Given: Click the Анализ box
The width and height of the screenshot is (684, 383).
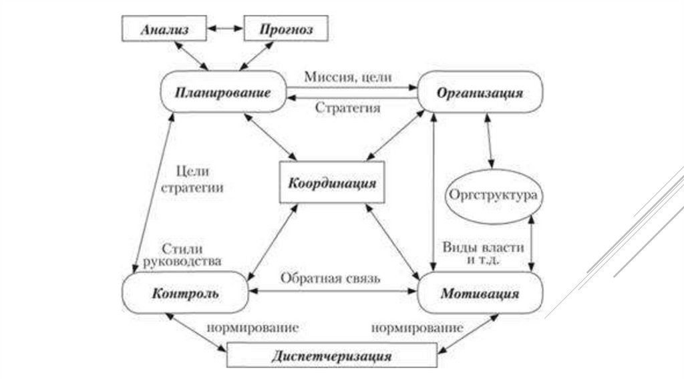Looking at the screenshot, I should (x=164, y=30).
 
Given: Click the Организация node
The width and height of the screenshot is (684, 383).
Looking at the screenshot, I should (x=480, y=93).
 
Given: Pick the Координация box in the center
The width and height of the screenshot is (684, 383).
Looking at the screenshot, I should (x=331, y=182).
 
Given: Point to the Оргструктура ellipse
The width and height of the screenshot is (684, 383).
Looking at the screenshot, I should (x=493, y=197).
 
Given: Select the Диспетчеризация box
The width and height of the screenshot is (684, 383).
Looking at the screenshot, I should (x=331, y=355).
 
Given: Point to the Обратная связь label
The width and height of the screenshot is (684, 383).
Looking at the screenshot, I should (x=330, y=278).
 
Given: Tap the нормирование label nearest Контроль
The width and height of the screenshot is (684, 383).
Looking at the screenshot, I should (x=251, y=328).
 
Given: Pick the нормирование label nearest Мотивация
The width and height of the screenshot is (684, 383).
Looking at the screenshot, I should (x=417, y=328).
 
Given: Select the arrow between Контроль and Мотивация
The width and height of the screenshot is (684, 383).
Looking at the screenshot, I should (x=331, y=292).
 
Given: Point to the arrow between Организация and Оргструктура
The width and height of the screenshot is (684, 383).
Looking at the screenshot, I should (x=490, y=143).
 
